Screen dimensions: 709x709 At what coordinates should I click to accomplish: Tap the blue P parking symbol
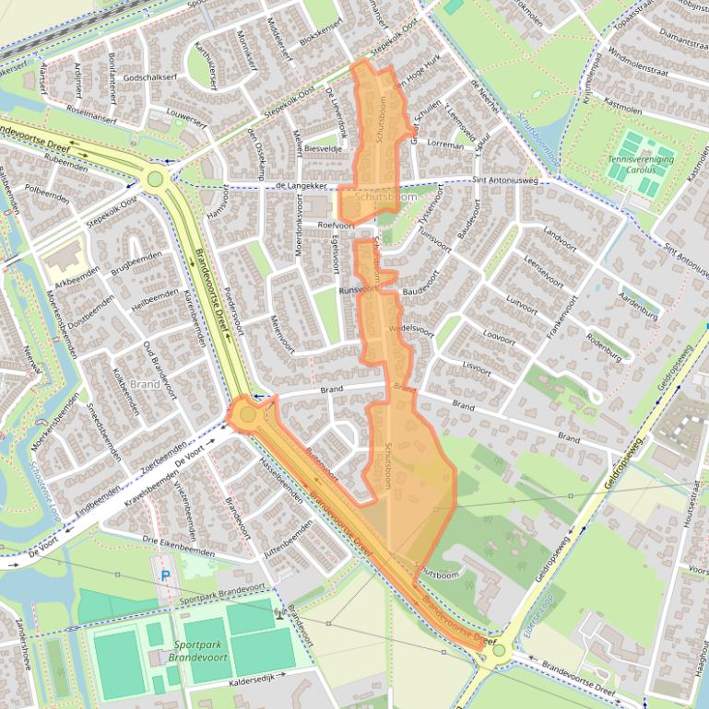pos(166,575)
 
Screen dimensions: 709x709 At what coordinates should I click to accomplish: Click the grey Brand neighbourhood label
pos(146,384)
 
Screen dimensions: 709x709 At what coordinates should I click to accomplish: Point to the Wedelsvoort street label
pos(411,328)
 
